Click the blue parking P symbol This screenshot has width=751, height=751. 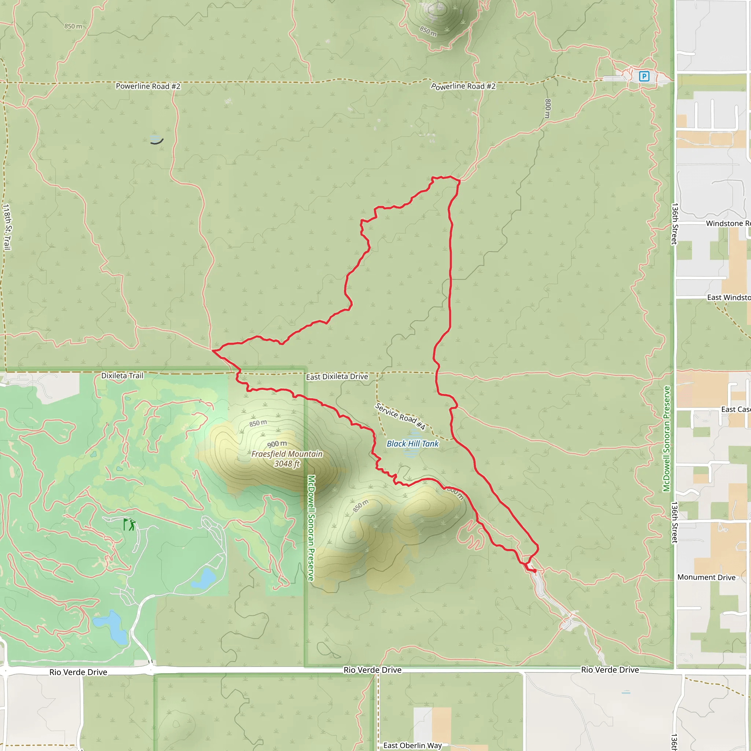(644, 76)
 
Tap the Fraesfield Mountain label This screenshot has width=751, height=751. (287, 454)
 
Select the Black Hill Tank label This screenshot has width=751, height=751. (413, 444)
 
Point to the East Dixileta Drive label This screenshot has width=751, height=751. (337, 377)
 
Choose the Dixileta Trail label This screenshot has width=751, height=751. (122, 375)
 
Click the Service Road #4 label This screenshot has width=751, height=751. (400, 416)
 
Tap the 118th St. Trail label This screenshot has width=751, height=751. (7, 227)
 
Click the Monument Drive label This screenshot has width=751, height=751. (706, 577)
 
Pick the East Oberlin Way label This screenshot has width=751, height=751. (413, 745)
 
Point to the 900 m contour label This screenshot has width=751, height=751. (277, 444)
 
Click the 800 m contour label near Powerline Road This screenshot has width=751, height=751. (547, 109)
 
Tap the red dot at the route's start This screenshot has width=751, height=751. (535, 571)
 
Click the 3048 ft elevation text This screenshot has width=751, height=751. (287, 464)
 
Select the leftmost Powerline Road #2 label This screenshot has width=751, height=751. (148, 86)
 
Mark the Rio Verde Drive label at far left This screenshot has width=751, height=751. (78, 672)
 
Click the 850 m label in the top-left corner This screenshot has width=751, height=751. (73, 26)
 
